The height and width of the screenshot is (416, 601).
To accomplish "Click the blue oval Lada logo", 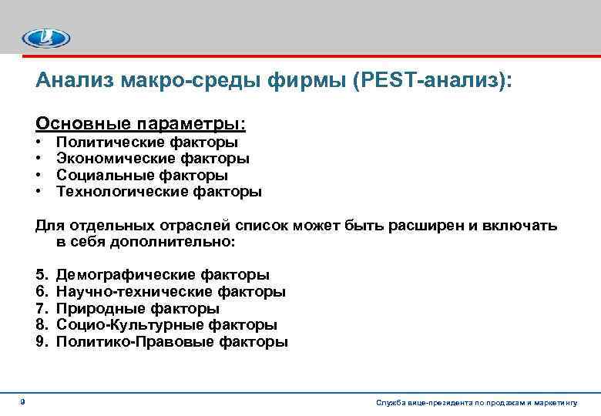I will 46,38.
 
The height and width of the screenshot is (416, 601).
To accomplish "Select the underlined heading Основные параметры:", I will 142,123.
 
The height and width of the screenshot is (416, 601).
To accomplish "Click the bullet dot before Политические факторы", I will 39,143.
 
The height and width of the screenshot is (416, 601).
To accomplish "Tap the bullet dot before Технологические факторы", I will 39,192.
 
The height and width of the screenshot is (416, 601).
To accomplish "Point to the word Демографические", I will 126,275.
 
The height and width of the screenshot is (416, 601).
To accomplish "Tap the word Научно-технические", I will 136,292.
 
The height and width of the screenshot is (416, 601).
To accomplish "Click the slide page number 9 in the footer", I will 22,401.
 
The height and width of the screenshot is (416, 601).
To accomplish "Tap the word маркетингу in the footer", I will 558,403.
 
